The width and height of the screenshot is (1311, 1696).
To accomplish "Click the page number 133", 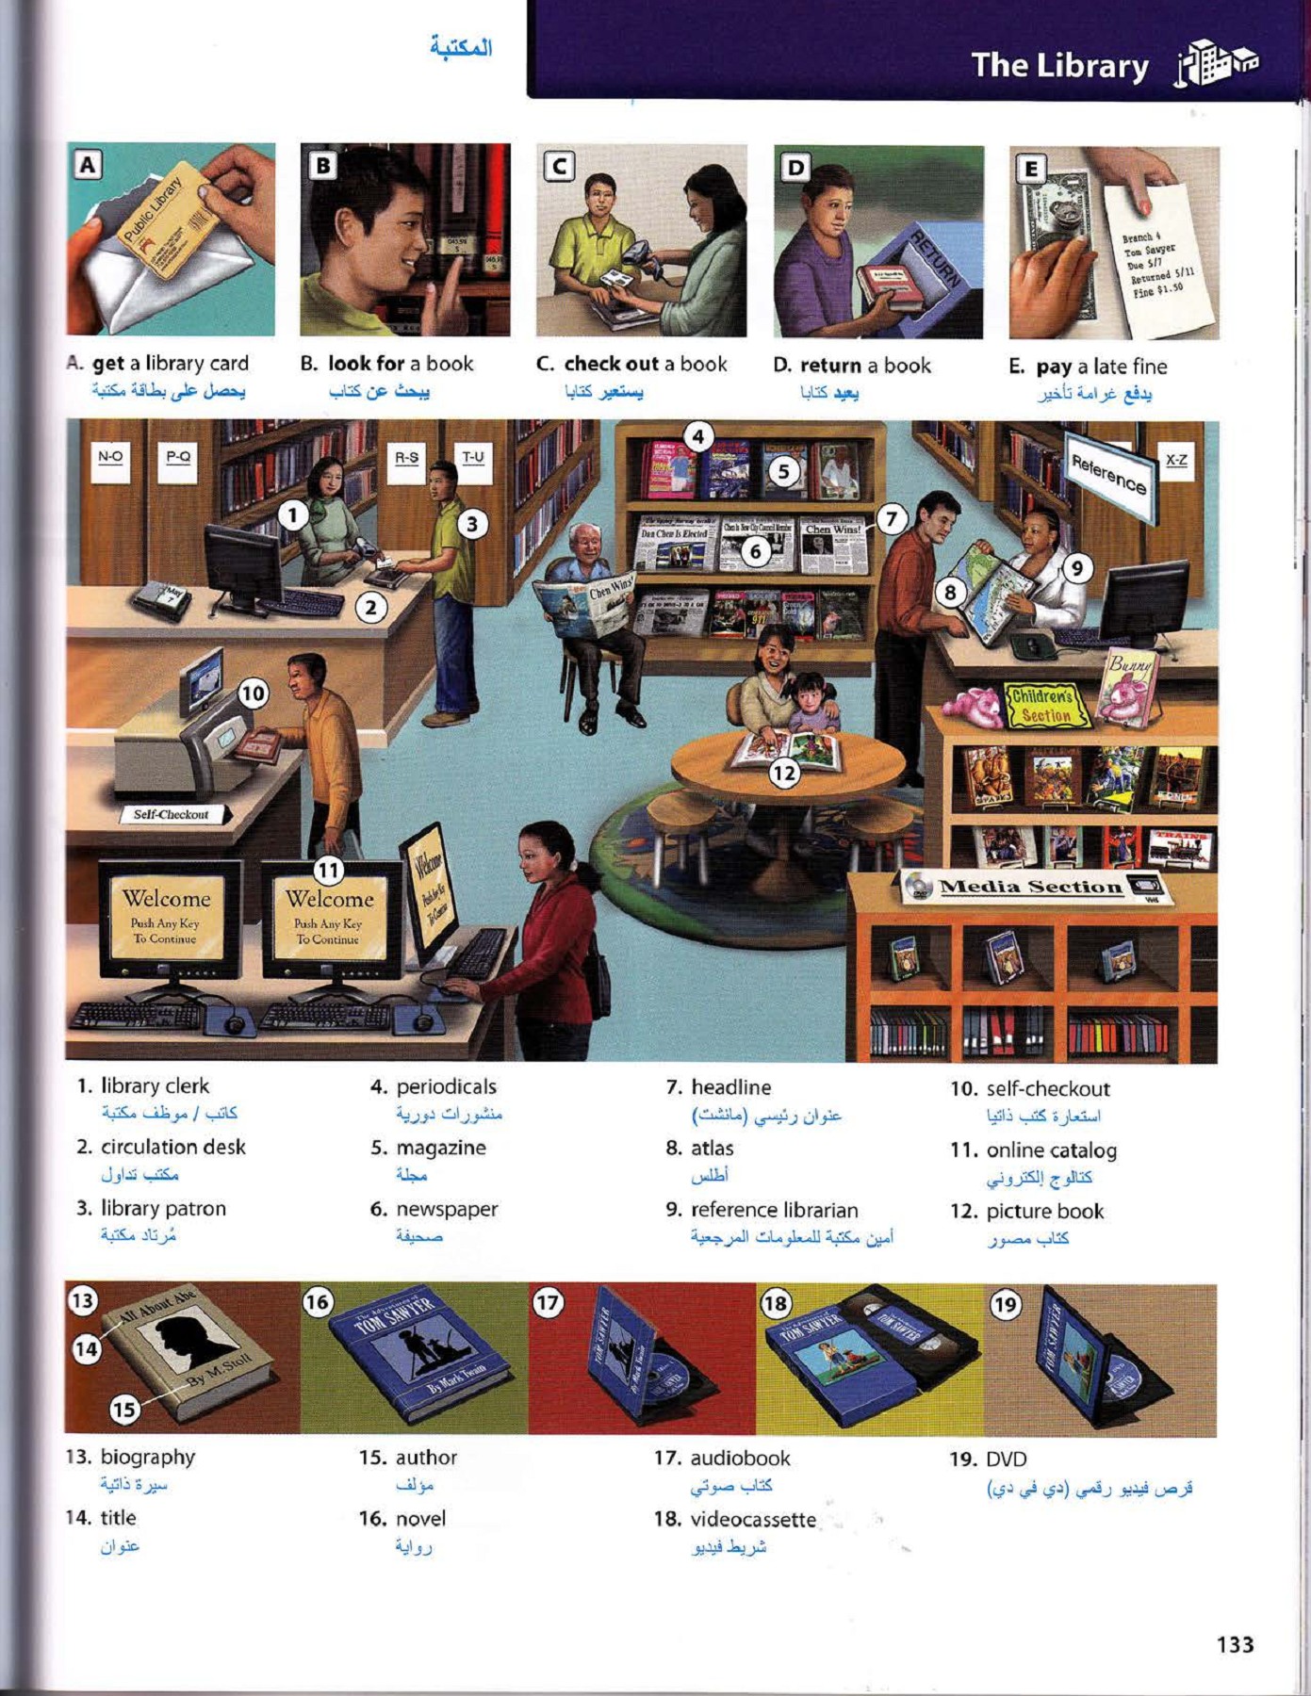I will coord(1235,1644).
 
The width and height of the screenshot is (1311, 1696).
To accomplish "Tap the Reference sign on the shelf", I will coord(1109,474).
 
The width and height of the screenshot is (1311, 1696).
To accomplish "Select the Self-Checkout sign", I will coord(172,814).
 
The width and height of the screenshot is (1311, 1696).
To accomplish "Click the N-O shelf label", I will coord(110,457).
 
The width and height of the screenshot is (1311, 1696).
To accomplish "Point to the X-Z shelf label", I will coord(1176,460).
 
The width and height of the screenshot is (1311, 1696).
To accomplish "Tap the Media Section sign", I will coord(1031,887).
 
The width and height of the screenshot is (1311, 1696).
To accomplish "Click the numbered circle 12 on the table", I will coord(784,774).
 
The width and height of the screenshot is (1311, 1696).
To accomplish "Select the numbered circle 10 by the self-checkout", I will coord(253,694).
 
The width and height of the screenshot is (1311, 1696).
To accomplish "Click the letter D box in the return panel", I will coord(796,168).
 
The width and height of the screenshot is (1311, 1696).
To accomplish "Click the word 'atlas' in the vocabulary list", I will coord(713,1149).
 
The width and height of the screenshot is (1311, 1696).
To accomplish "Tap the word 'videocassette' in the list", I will coord(753,1519).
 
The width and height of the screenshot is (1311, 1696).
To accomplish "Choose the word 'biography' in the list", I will coord(147,1457).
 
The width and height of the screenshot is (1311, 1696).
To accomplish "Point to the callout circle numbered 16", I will coord(318,1302).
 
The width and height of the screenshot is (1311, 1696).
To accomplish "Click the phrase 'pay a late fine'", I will coord(1101,367).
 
